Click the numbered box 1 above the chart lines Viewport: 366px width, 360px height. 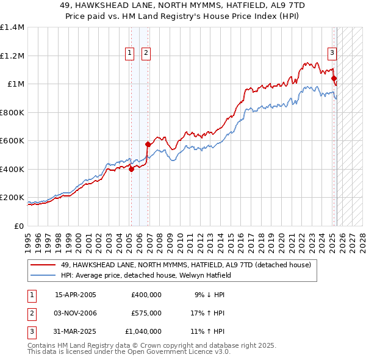pyautogui.click(x=131, y=53)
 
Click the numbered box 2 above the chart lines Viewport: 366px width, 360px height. pyautogui.click(x=146, y=53)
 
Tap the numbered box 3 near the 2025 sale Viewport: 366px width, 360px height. pyautogui.click(x=332, y=53)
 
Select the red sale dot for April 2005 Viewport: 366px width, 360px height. pyautogui.click(x=131, y=170)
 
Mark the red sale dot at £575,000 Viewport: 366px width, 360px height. pyautogui.click(x=148, y=145)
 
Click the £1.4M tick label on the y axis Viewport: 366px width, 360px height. pyautogui.click(x=12, y=27)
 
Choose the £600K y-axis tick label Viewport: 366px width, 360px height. pyautogui.click(x=12, y=141)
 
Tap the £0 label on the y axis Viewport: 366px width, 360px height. pyautogui.click(x=18, y=226)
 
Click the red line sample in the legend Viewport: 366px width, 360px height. pyautogui.click(x=44, y=265)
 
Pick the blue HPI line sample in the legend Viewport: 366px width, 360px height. pyautogui.click(x=44, y=275)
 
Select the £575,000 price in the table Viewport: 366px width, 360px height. pyautogui.click(x=146, y=313)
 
